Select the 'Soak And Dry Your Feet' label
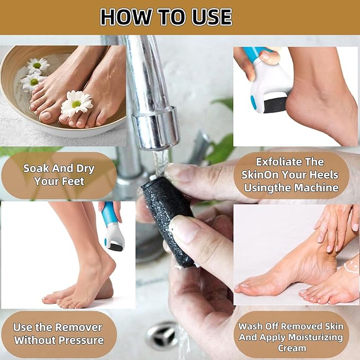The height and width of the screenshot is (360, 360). pyautogui.click(x=58, y=175)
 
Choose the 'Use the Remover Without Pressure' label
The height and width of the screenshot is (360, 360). pyautogui.click(x=58, y=333)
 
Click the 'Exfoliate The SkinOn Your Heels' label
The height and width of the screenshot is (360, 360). pyautogui.click(x=289, y=174)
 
